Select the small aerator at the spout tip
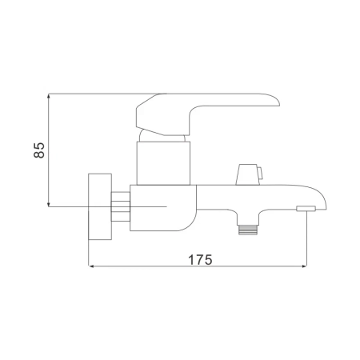point(305,210)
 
